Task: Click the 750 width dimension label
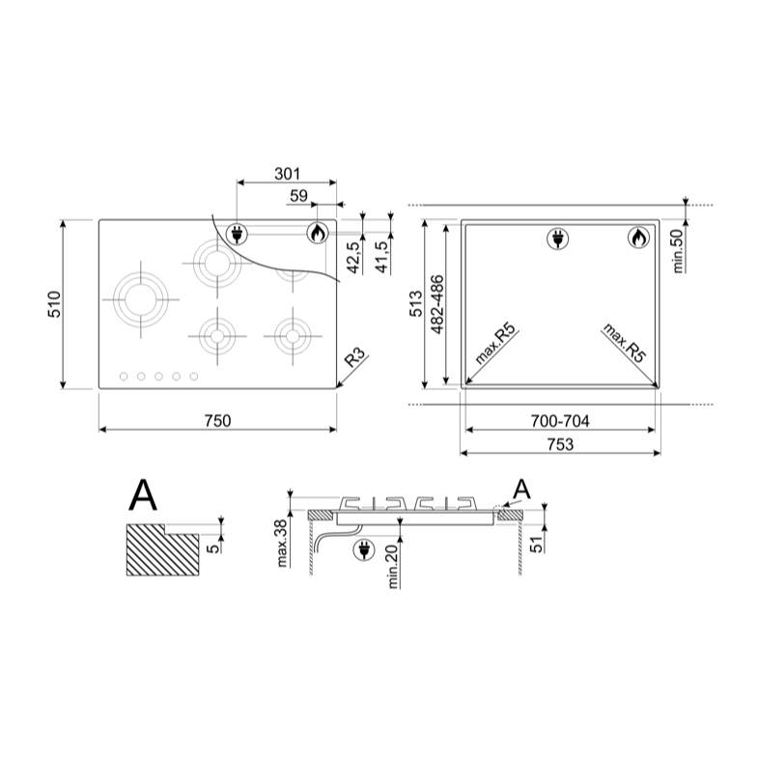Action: [217, 421]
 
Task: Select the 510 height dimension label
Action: [55, 304]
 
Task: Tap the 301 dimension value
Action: [287, 174]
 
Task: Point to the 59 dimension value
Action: [298, 196]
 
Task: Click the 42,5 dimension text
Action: [354, 257]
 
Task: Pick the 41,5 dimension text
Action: [382, 257]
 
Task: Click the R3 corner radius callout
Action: [354, 358]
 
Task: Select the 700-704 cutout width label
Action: [560, 421]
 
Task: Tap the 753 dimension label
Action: [560, 444]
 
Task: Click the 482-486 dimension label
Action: [437, 304]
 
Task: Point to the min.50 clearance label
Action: [678, 250]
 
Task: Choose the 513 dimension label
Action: [416, 304]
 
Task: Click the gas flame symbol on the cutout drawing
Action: [639, 238]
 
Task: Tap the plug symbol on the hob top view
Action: [237, 235]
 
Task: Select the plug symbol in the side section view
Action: [363, 550]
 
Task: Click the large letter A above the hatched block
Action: [143, 495]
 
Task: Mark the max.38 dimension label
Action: [282, 544]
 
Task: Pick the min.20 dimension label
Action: [393, 566]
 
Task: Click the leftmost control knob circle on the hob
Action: [124, 376]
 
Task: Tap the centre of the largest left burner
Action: [141, 299]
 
